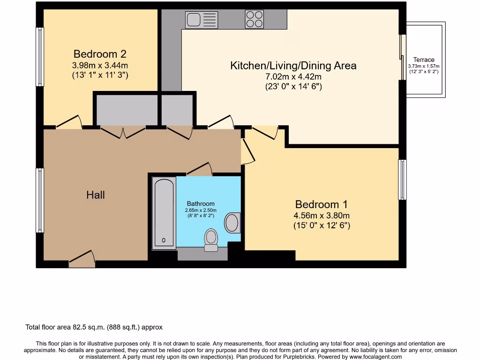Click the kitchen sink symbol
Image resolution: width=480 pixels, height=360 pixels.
(x=202, y=20)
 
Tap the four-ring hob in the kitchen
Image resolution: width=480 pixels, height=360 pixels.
(x=254, y=19)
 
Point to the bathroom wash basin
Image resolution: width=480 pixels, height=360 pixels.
(x=232, y=223)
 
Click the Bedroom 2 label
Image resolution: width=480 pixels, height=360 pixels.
(x=100, y=54)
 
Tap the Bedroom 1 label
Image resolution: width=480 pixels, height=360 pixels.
(x=321, y=204)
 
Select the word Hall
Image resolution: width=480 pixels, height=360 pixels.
(x=95, y=195)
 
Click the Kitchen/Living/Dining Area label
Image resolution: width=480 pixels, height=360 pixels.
(x=293, y=66)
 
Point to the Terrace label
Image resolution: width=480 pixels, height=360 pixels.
(x=424, y=60)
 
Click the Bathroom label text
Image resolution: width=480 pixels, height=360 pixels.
(x=201, y=203)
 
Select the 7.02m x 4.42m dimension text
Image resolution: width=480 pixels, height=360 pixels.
(x=293, y=77)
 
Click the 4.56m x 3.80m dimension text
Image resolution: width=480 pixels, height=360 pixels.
(x=322, y=216)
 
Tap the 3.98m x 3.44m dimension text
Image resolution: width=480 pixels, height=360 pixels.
(x=100, y=65)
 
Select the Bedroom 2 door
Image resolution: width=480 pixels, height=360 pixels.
(x=68, y=122)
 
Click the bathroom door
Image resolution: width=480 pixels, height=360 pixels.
(x=200, y=169)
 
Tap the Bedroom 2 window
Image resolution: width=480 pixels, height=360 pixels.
(x=40, y=57)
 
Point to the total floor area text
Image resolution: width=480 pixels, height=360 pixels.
(x=94, y=327)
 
